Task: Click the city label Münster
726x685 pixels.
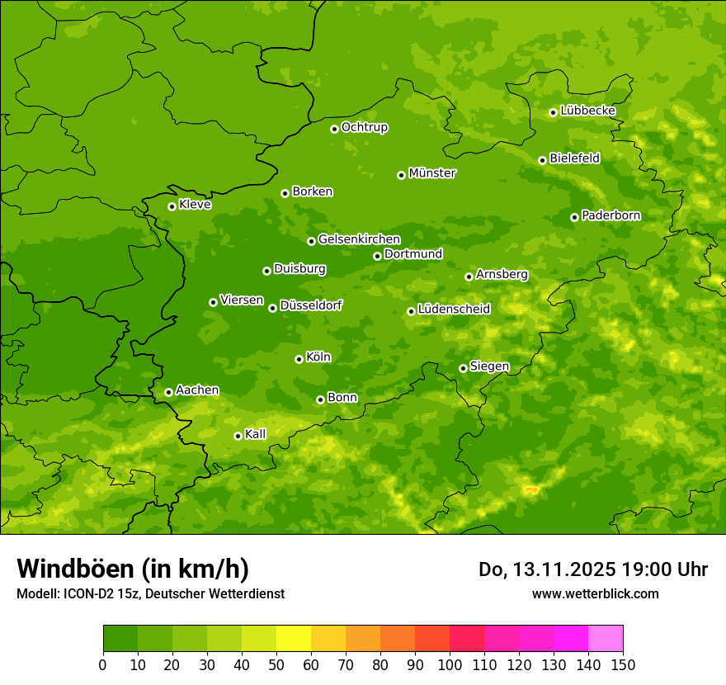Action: [432, 173]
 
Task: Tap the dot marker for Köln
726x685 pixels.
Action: [299, 359]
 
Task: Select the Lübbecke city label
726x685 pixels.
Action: [587, 111]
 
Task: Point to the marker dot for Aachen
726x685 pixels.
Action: [168, 392]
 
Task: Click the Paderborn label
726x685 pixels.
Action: [610, 215]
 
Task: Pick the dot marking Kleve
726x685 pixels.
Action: [172, 206]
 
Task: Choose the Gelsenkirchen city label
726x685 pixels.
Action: [359, 239]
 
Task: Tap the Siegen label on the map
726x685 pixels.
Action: [489, 366]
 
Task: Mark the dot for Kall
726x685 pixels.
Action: [238, 436]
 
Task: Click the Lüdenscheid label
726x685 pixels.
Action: [454, 309]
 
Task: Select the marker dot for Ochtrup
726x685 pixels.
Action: [334, 129]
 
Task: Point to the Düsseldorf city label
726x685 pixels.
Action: [311, 305]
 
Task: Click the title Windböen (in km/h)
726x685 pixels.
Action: [133, 569]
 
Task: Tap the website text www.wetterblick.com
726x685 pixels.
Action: [595, 593]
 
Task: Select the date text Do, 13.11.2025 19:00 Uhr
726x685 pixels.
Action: [592, 569]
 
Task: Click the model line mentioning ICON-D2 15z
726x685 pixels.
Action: [150, 593]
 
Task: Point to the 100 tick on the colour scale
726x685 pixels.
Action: [450, 665]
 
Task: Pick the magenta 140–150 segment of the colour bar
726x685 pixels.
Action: [606, 639]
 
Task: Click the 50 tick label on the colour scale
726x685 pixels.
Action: [276, 665]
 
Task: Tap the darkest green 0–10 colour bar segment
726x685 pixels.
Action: [120, 639]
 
